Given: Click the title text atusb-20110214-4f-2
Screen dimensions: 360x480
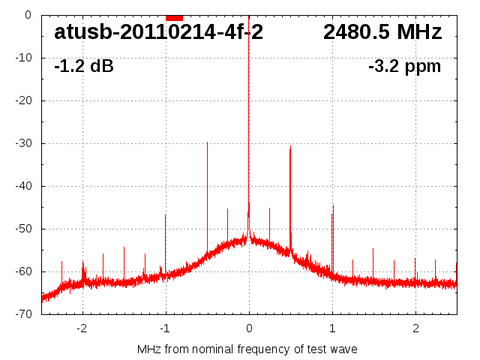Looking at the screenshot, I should (158, 32).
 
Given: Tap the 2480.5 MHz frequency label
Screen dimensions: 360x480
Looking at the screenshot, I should (382, 32).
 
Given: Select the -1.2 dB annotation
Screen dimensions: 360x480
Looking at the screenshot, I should (84, 67).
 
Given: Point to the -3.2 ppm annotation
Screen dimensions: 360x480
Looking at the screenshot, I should (405, 67).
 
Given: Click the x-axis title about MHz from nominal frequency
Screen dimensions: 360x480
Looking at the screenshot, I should (247, 349).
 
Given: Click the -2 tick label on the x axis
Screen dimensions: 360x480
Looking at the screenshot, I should (82, 328).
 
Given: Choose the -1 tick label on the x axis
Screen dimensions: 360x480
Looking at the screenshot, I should (165, 328).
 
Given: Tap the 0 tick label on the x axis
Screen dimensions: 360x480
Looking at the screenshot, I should (249, 328).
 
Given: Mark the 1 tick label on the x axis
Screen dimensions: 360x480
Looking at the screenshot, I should (332, 328).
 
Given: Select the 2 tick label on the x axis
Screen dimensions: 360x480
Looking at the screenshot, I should (415, 328).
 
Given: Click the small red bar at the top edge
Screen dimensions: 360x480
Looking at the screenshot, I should (174, 17).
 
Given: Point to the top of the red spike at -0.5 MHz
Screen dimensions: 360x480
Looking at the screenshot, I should (207, 142).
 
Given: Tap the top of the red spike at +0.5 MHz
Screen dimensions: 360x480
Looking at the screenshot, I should (290, 147).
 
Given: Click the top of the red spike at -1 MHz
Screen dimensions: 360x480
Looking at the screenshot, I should (166, 215).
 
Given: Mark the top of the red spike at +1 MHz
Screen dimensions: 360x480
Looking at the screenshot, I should (333, 206).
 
